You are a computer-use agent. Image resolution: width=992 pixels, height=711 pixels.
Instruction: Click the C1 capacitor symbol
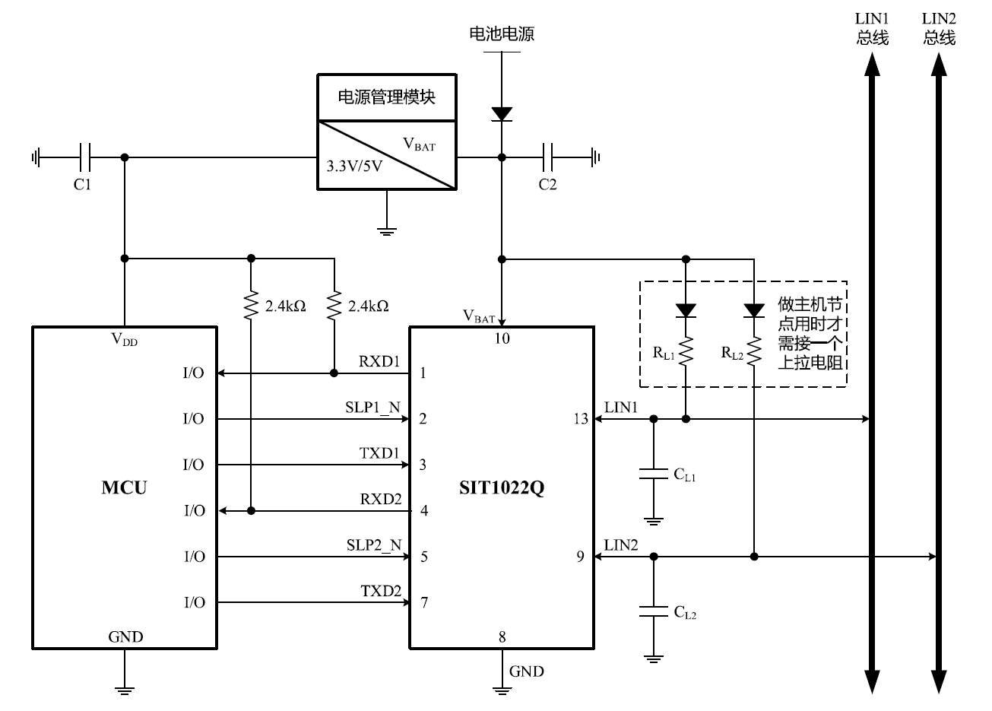click(85, 157)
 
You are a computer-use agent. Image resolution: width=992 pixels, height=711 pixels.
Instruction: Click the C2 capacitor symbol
click(548, 157)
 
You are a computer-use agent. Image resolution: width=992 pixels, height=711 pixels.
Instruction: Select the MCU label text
click(124, 487)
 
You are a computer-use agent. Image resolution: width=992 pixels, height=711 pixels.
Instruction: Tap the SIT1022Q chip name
click(502, 487)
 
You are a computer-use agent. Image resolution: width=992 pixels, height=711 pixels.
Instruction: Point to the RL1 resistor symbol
click(686, 351)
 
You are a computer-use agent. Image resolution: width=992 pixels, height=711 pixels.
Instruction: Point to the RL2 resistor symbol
click(754, 351)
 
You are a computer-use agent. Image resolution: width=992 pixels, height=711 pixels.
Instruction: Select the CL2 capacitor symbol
click(653, 610)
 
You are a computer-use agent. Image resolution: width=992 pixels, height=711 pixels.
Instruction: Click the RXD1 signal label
click(379, 361)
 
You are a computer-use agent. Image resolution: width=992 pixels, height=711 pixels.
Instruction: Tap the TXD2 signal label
click(380, 590)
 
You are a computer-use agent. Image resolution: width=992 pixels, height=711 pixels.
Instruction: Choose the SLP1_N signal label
click(372, 407)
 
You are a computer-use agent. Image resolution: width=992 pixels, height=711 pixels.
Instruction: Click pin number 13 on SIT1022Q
click(581, 419)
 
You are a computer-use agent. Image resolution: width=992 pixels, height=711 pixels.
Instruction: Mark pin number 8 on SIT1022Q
click(502, 636)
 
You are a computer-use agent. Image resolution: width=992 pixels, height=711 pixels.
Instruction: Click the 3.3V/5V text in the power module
click(354, 166)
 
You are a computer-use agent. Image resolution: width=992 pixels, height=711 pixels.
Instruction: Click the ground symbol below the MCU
click(125, 687)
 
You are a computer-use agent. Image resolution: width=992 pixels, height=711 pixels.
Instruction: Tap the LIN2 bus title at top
click(940, 28)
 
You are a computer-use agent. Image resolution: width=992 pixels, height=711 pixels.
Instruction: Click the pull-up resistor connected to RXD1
click(334, 306)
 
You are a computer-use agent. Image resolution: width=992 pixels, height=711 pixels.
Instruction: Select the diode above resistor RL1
click(686, 309)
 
